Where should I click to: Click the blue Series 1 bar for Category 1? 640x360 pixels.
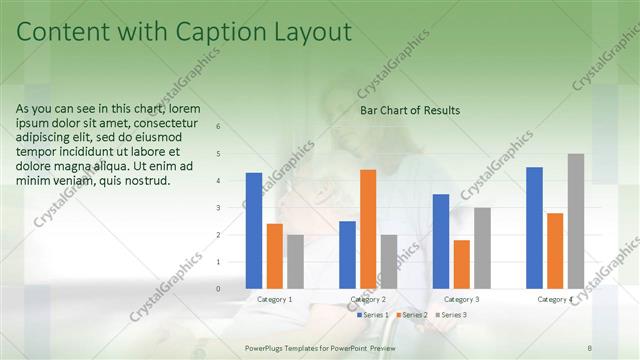(254, 231)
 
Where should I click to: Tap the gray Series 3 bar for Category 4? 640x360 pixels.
(575, 221)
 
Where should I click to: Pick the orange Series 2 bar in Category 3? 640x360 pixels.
(461, 264)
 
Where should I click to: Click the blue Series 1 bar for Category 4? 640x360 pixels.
(534, 228)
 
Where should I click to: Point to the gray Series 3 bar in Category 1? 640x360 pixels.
(295, 262)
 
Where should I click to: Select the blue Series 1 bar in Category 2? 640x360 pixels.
(347, 255)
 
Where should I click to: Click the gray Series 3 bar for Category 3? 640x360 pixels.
(482, 248)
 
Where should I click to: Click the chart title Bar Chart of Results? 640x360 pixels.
(410, 111)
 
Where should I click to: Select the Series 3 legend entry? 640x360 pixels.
(452, 315)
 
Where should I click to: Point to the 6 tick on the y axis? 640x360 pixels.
(219, 127)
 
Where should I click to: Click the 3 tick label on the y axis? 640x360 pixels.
(219, 208)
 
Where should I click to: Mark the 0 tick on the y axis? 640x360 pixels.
(219, 289)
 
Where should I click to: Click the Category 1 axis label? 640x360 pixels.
(275, 299)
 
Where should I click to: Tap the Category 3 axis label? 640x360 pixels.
(461, 299)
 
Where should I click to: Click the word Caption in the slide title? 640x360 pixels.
(213, 33)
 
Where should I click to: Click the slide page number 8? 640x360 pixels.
(589, 347)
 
